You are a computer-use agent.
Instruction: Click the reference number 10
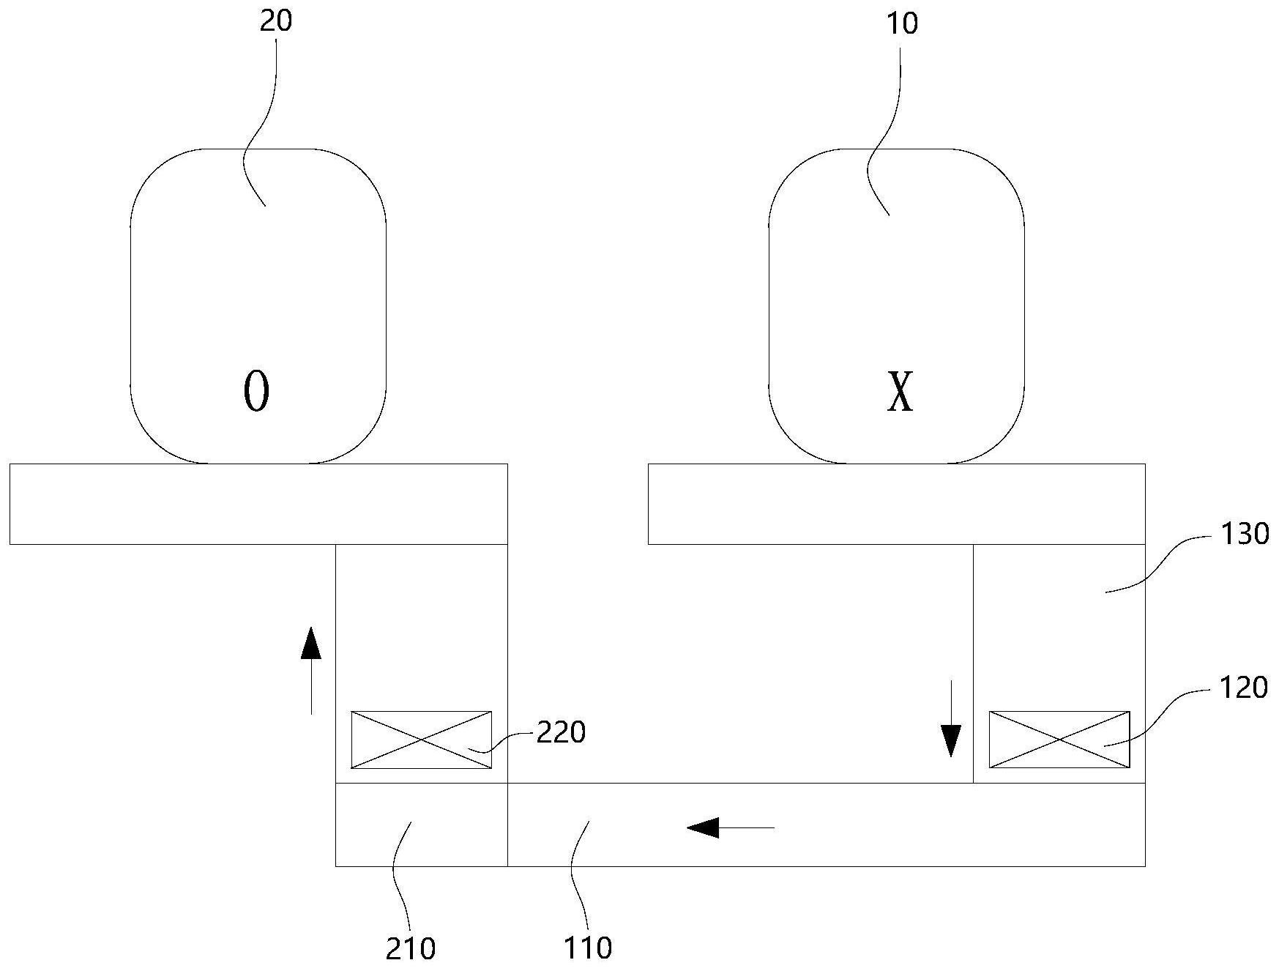coord(901,23)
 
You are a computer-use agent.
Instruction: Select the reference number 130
coord(1244,534)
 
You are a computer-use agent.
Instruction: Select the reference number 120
coord(1243,688)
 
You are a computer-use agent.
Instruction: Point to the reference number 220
coord(562,732)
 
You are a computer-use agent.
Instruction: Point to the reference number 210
coord(410,949)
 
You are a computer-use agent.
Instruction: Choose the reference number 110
coord(588,949)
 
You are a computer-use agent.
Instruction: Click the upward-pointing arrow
coord(311,670)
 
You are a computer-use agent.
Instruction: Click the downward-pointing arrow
coord(950,718)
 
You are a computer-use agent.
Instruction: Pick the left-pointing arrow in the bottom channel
coord(730,827)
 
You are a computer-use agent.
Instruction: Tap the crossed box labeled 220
coord(422,740)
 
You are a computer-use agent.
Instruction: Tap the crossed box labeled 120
coord(1059,740)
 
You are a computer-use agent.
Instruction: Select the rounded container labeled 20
coord(258,306)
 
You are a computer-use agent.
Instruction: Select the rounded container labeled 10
coord(896,306)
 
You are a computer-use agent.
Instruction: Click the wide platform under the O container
coord(258,504)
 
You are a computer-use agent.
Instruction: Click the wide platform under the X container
coord(897,504)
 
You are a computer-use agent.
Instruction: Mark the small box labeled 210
coord(422,825)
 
